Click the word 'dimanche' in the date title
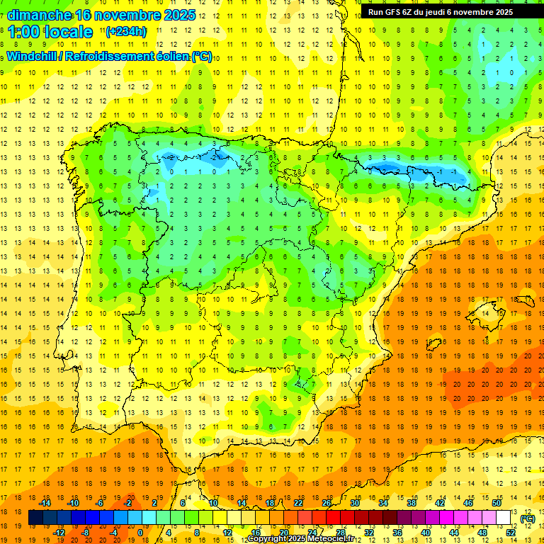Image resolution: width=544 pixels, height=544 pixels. (40, 15)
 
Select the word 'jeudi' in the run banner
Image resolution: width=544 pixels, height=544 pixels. (443, 12)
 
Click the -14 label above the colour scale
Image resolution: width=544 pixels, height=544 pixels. (45, 503)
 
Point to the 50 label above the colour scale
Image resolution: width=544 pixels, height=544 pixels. (497, 503)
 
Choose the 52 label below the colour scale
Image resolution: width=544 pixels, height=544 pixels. (511, 533)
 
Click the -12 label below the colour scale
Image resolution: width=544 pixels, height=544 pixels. (59, 533)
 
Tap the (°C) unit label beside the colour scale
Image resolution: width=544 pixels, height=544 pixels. (528, 518)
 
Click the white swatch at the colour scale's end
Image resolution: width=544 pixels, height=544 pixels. (504, 518)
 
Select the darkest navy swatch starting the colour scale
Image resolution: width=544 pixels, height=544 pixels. (35, 518)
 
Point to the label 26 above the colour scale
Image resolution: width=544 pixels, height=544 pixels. (327, 503)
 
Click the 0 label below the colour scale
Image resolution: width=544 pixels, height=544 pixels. (140, 533)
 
